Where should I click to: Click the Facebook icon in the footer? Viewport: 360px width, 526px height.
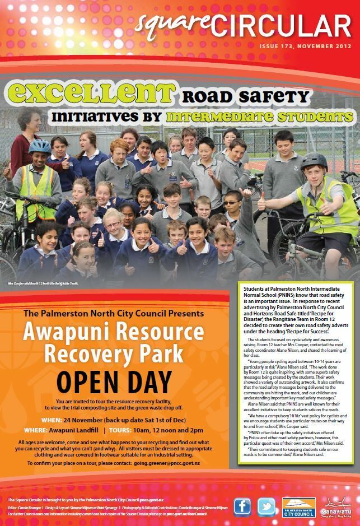pos(242,507)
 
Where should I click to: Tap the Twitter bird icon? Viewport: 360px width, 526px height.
pos(267,507)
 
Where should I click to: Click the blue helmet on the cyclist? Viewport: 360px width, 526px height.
pos(40,146)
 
